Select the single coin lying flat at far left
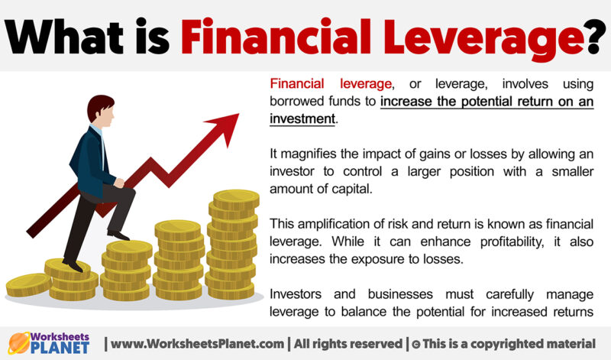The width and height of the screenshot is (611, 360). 28,286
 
